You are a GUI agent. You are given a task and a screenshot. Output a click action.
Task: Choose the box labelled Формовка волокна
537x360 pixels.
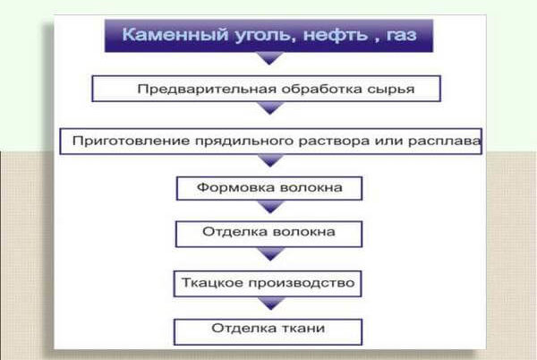[268, 189]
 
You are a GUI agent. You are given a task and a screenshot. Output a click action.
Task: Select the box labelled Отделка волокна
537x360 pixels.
[268, 234]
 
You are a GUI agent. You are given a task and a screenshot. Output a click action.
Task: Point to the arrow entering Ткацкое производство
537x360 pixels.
[269, 258]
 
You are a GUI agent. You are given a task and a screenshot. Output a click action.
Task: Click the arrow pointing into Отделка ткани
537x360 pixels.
[269, 305]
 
